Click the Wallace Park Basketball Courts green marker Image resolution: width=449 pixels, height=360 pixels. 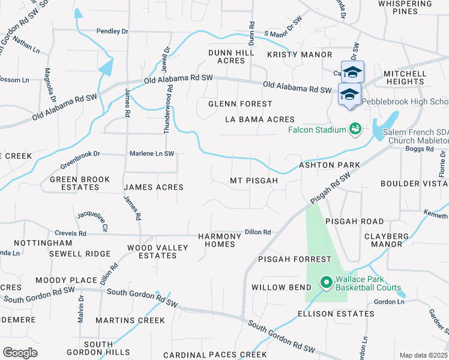(x=326, y=281)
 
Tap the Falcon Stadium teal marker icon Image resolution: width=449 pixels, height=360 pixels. (x=355, y=129)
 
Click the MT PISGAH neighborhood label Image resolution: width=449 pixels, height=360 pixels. (x=254, y=181)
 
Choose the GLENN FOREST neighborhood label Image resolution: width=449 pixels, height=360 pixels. (x=240, y=104)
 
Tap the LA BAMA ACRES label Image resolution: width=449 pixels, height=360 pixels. (x=260, y=119)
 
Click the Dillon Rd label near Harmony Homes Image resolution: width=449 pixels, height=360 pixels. (x=258, y=232)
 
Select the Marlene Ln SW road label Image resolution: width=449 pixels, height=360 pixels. (x=152, y=154)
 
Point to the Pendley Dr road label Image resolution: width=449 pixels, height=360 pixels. (x=113, y=31)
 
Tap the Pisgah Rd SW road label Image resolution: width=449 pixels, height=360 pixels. (x=330, y=188)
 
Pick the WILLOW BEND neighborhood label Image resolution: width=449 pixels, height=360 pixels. (x=277, y=287)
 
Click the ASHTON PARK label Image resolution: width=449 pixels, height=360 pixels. (x=330, y=164)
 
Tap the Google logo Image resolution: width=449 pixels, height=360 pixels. (x=20, y=352)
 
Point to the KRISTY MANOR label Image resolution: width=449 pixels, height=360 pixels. (x=291, y=54)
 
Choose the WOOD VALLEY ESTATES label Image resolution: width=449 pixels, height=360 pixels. (x=152, y=251)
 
